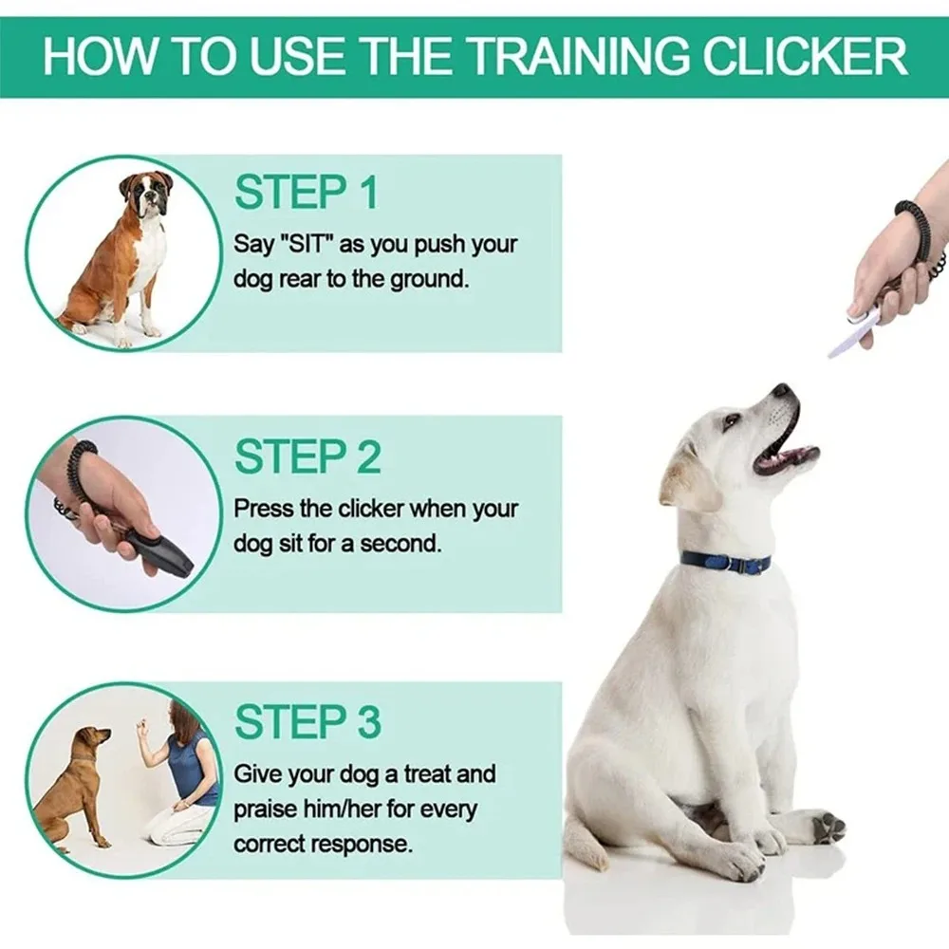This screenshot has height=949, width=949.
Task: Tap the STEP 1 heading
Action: (306, 192)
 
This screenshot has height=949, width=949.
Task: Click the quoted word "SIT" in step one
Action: (306, 244)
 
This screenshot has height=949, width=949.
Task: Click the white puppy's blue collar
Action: (725, 562)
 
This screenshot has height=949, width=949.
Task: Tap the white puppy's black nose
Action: (781, 390)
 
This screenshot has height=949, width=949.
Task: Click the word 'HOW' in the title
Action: (95, 56)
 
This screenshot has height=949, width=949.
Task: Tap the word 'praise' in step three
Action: (268, 809)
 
